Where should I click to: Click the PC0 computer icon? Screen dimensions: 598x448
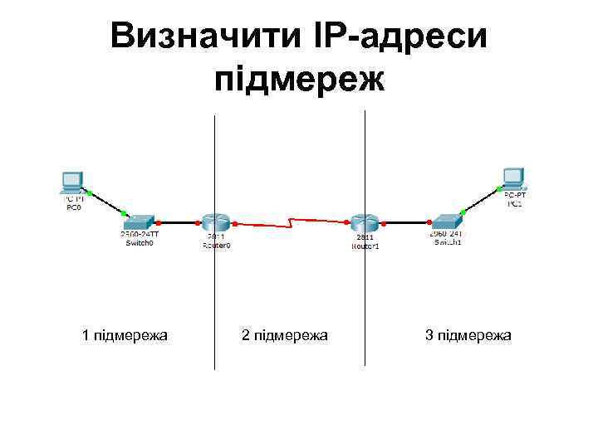73,182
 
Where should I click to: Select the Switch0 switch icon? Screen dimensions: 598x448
138,222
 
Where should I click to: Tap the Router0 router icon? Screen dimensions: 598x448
213,222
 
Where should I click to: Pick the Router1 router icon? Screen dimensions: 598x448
363,222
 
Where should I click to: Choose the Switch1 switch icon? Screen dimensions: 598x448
447,222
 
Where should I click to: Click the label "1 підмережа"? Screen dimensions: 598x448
125,335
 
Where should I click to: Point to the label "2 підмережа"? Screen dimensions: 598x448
284,335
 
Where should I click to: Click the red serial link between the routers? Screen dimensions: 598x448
291,223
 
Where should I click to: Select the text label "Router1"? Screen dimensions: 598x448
365,246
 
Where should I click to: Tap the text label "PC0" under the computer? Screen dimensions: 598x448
73,207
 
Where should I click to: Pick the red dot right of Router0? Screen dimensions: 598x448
235,223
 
